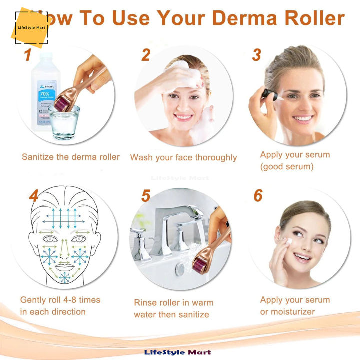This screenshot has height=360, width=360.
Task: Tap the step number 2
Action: coord(145,55)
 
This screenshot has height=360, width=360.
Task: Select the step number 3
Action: coord(257,55)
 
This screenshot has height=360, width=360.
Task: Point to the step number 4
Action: coord(34,196)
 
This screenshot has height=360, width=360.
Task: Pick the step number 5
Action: coord(145,196)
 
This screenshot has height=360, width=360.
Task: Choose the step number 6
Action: coord(258,196)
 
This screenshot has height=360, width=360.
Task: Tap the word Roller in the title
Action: coord(314,19)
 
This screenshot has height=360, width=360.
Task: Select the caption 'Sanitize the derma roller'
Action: coord(71,157)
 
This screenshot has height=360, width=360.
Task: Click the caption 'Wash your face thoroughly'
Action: coord(183,157)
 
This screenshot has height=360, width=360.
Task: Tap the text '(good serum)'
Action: coord(287,167)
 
